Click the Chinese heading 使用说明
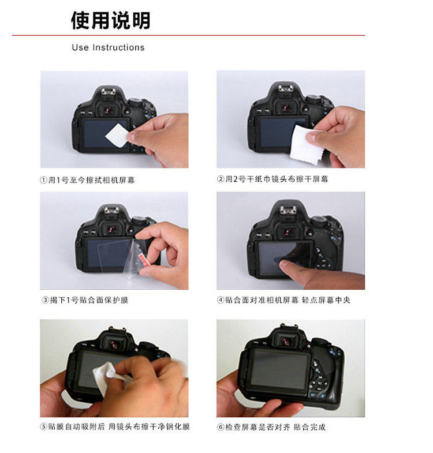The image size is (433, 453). [x=110, y=20]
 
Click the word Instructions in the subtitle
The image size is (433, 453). [x=118, y=47]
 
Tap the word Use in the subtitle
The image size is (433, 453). [x=80, y=47]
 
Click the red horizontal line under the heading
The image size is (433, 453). [x=188, y=35]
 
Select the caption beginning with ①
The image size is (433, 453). [x=87, y=180]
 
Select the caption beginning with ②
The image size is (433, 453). [x=273, y=179]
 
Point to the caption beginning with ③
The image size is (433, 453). [x=84, y=300]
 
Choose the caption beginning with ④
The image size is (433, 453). [x=283, y=300]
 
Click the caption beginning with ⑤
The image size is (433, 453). [x=115, y=426]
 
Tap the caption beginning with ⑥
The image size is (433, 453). [x=271, y=427]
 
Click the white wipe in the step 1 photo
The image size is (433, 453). [x=117, y=135]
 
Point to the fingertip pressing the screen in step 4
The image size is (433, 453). [x=285, y=264]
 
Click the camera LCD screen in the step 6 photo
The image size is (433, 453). [x=279, y=369]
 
